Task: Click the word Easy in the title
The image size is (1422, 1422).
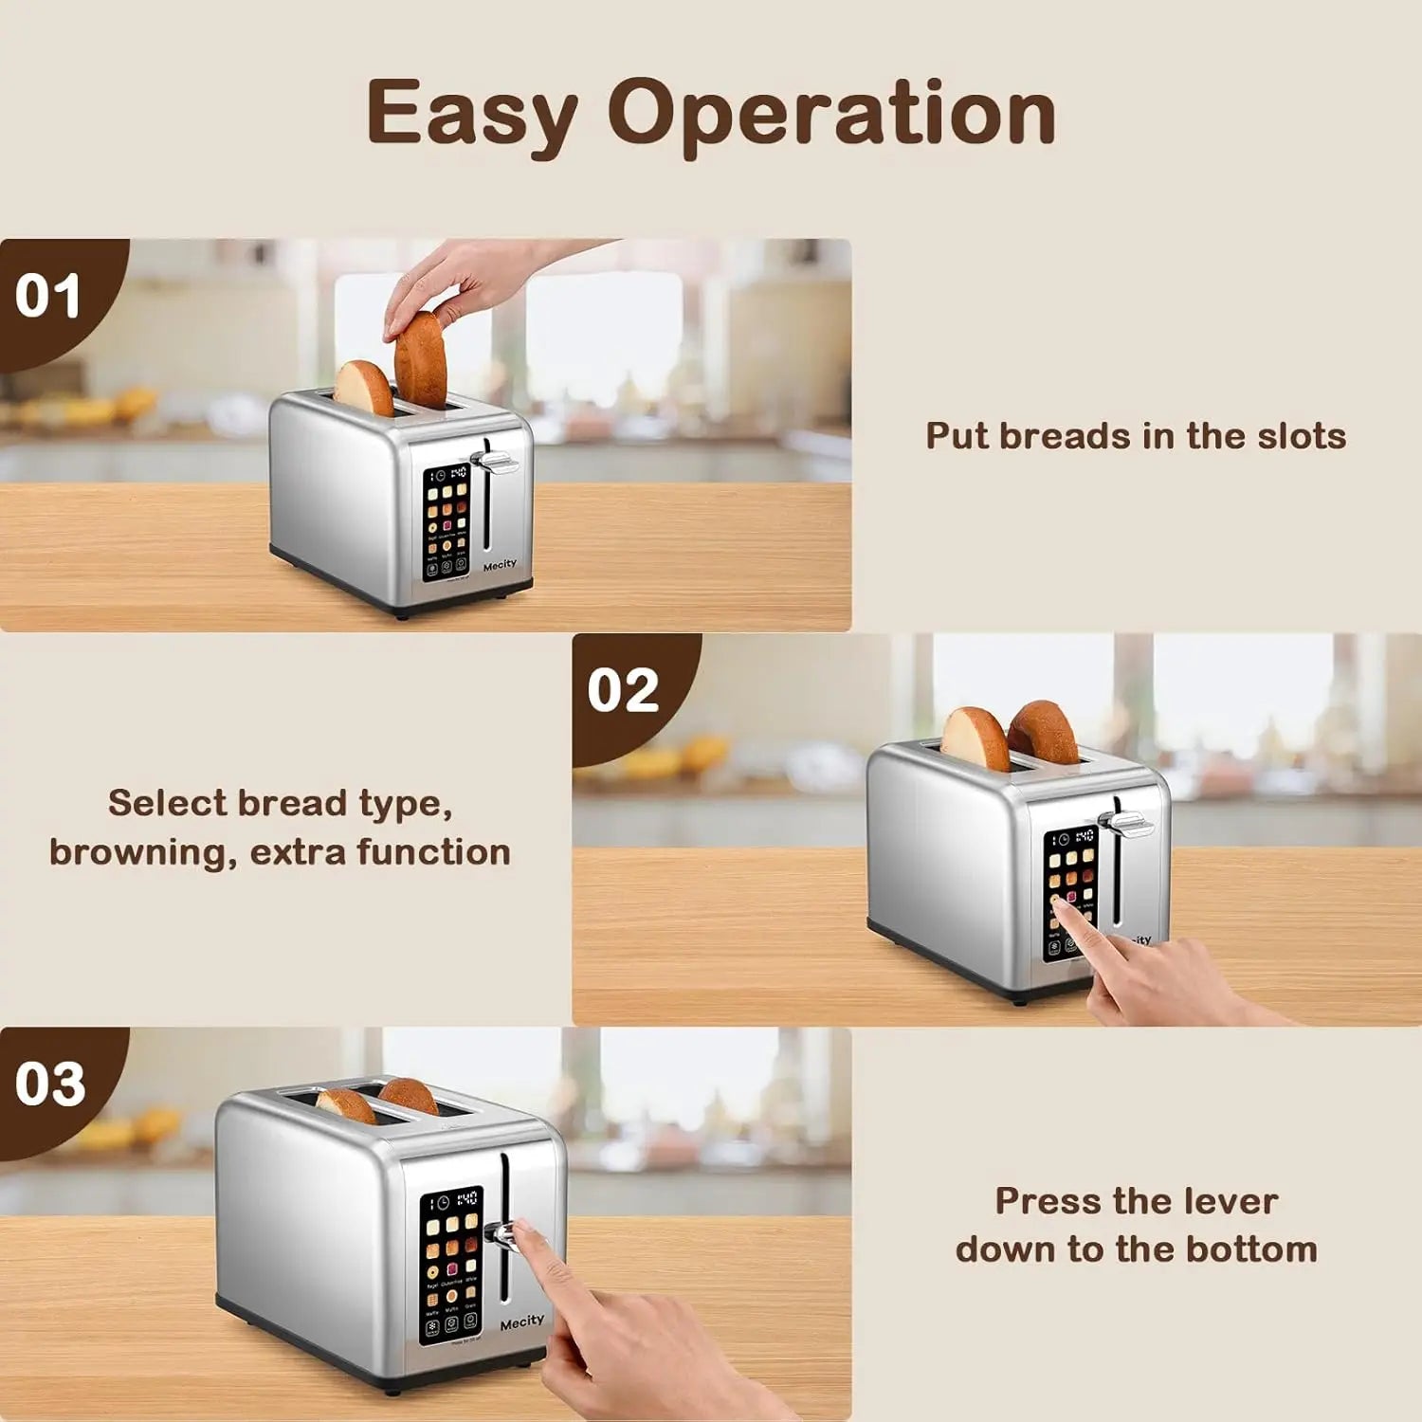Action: click(x=471, y=115)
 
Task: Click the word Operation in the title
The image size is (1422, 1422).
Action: click(x=831, y=115)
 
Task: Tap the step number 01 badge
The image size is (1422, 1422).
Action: click(x=47, y=296)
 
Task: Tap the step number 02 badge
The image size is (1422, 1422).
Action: click(x=623, y=690)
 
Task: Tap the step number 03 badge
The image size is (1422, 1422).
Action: click(x=50, y=1084)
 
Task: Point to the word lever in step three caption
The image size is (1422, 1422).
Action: click(x=1231, y=1201)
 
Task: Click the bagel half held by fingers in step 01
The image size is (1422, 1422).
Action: click(x=420, y=360)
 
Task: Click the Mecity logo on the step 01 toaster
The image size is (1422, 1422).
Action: click(x=500, y=565)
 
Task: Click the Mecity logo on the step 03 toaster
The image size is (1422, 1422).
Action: click(x=522, y=1322)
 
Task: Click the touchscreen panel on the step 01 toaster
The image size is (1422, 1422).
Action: click(x=447, y=523)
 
